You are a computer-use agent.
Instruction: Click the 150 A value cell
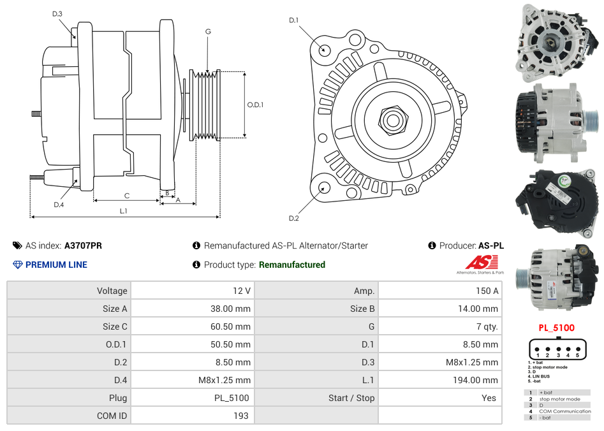487,291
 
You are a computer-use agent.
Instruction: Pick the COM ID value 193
242,416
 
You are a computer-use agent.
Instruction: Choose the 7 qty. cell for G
487,326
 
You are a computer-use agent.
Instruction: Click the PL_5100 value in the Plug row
232,398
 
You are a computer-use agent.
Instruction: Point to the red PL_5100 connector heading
556,328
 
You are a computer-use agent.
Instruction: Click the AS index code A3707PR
83,245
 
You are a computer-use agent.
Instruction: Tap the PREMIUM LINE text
56,265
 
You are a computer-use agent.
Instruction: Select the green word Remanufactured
292,265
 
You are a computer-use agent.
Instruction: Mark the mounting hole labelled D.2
324,187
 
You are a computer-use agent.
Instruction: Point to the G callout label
208,31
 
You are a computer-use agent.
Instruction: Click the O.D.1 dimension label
255,105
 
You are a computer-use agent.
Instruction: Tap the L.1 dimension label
123,210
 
